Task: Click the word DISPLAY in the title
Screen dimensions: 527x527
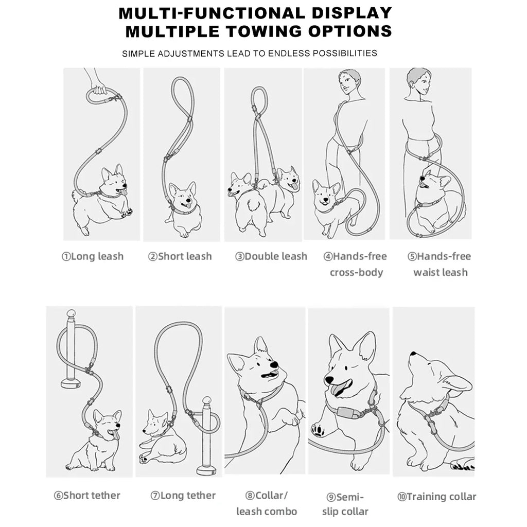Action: click(x=352, y=13)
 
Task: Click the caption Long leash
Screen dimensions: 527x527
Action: click(x=97, y=256)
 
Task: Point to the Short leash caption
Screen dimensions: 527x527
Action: click(x=185, y=256)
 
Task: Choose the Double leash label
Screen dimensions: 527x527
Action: click(x=276, y=256)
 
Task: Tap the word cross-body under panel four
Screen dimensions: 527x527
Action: click(x=356, y=273)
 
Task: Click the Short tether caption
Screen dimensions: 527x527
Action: click(x=92, y=496)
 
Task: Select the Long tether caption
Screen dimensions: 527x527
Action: click(x=188, y=496)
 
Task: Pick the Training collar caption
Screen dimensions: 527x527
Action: click(x=441, y=497)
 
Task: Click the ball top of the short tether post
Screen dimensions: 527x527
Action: click(x=71, y=313)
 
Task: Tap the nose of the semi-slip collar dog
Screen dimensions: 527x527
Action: click(x=329, y=380)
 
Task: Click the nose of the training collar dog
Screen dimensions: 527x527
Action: click(x=412, y=354)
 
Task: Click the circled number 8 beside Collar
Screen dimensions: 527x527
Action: click(x=250, y=496)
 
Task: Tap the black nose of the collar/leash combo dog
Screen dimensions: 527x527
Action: click(x=274, y=365)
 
